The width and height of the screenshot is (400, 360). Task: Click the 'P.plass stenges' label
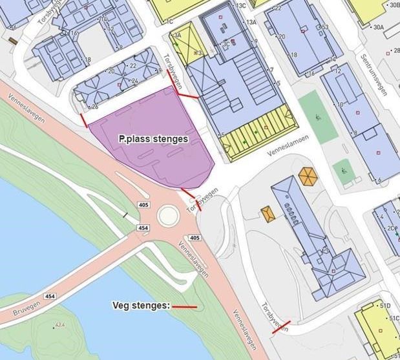tap(153, 138)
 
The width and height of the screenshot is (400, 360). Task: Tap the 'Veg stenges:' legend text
tap(140, 306)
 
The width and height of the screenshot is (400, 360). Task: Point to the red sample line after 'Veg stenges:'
tap(184, 306)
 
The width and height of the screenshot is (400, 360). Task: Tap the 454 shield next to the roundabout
tap(143, 228)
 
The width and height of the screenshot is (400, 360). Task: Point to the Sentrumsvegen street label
tap(372, 71)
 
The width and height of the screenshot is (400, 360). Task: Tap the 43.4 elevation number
tap(61, 324)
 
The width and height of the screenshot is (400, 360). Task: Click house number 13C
tap(242, 5)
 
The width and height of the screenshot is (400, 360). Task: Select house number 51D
tap(386, 305)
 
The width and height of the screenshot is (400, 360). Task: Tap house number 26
tap(94, 106)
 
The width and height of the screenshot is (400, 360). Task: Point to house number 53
tap(325, 26)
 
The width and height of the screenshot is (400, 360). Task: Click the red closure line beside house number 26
tap(82, 121)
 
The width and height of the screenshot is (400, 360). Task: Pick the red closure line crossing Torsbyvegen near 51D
tap(281, 326)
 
